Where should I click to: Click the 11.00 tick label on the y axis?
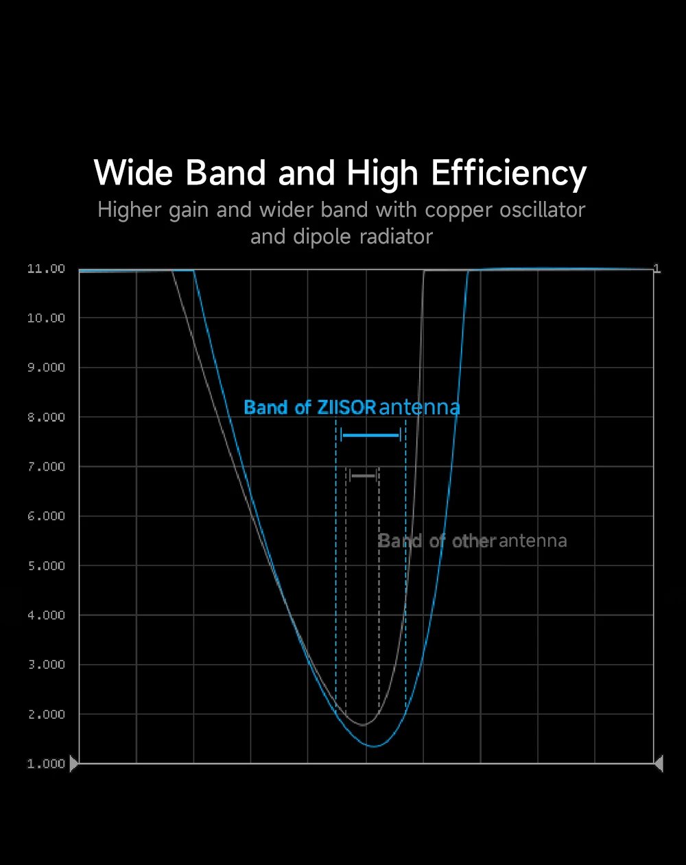pyautogui.click(x=46, y=269)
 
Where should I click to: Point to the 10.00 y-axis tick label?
pyautogui.click(x=46, y=318)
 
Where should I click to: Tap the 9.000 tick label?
pyautogui.click(x=46, y=368)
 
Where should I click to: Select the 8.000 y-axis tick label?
pyautogui.click(x=46, y=417)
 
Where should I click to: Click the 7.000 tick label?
pyautogui.click(x=46, y=466)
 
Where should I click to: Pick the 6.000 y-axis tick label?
pyautogui.click(x=46, y=516)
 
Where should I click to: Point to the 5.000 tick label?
pyautogui.click(x=46, y=566)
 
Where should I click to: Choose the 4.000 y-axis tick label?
pyautogui.click(x=46, y=615)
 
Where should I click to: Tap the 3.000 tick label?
pyautogui.click(x=46, y=665)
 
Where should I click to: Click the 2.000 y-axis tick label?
pyautogui.click(x=46, y=714)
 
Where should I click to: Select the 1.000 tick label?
pyautogui.click(x=46, y=764)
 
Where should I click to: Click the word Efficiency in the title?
pyautogui.click(x=508, y=173)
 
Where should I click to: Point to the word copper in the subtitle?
pyautogui.click(x=459, y=210)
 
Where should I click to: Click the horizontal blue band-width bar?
pyautogui.click(x=370, y=436)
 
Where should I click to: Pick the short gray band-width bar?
pyautogui.click(x=364, y=475)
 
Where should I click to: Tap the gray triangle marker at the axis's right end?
pyautogui.click(x=659, y=763)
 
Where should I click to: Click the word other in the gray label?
pyautogui.click(x=474, y=541)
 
